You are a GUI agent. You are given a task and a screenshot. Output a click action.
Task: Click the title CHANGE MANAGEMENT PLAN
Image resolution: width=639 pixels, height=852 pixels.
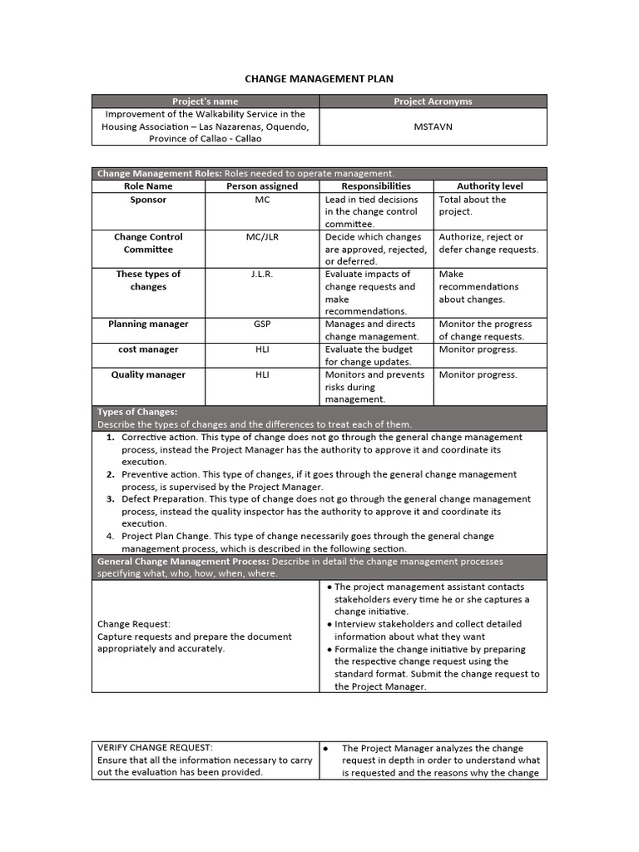(319, 79)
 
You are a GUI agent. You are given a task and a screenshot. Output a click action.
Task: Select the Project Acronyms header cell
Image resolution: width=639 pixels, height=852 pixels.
(433, 102)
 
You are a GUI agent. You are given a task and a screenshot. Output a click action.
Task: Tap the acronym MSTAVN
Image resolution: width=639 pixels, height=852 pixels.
(433, 126)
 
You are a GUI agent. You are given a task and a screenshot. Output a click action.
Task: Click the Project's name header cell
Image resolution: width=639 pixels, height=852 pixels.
(205, 102)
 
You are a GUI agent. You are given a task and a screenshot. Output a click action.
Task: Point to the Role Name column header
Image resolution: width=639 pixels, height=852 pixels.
(148, 186)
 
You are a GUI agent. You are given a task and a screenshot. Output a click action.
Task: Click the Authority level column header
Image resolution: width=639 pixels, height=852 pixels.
(490, 186)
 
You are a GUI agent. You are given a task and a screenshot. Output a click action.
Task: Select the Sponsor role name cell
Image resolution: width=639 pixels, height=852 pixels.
(148, 200)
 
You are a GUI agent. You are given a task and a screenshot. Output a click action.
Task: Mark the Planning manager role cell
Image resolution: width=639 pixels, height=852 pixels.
(148, 324)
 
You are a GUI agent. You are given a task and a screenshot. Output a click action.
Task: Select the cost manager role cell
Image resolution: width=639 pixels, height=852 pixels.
(148, 349)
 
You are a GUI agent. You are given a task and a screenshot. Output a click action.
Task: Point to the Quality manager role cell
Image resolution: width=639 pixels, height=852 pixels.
(148, 374)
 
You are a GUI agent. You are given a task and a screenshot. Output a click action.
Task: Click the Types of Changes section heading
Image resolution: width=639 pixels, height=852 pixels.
(137, 412)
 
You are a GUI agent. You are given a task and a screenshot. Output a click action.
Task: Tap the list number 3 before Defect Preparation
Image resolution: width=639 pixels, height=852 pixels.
(111, 499)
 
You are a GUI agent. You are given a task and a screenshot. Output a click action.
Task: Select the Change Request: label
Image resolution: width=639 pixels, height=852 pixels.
(133, 623)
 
